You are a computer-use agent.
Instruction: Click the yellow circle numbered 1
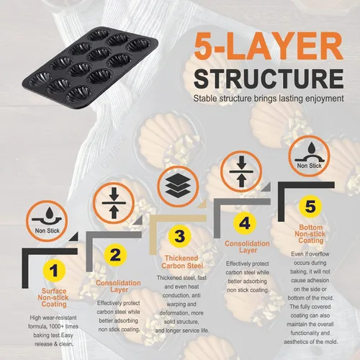[54, 271]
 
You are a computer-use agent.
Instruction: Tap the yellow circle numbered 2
[115, 255]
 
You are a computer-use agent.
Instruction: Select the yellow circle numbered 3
[179, 236]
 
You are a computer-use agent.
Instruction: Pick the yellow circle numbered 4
[245, 223]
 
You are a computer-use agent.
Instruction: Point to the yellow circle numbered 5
[310, 207]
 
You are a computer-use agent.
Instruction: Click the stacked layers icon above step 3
[178, 186]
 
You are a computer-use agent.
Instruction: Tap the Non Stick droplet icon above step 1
[47, 221]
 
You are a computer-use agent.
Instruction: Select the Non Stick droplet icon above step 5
[309, 156]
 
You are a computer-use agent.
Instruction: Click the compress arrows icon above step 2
[114, 203]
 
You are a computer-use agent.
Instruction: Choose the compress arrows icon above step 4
[241, 171]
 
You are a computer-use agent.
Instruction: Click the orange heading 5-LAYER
[269, 46]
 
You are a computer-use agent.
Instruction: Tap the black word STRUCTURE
[269, 78]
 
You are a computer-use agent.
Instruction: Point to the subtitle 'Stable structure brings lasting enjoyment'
[269, 99]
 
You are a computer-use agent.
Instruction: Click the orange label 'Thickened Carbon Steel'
[182, 262]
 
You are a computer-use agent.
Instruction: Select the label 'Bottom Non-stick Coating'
[310, 234]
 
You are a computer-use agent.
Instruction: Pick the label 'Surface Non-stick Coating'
[53, 297]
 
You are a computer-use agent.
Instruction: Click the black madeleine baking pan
[90, 68]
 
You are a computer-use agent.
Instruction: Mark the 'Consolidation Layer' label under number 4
[247, 247]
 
